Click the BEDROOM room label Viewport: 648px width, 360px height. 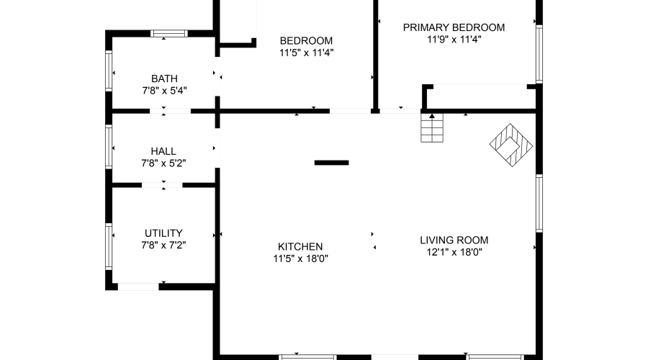tap(306, 41)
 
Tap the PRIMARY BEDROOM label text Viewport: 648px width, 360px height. tap(454, 27)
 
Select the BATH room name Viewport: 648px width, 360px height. tap(164, 78)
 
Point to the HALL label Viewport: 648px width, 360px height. tap(163, 151)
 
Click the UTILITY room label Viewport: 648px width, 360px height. tap(163, 233)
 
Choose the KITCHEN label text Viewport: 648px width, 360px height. tap(297, 246)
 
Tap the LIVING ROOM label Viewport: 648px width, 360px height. tap(454, 240)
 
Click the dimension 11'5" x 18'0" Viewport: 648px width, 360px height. tap(297, 258)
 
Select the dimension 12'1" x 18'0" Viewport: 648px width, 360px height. tap(454, 253)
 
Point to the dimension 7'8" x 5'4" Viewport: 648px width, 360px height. tap(164, 91)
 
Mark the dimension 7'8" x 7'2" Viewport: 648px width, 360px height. tap(163, 246)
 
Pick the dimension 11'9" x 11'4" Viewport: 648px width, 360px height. tap(454, 40)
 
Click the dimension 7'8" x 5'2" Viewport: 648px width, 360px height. tap(163, 163)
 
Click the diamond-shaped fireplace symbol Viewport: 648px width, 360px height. tap(512, 144)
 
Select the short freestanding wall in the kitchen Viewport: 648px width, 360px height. tap(331, 163)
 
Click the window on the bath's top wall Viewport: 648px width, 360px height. tap(169, 33)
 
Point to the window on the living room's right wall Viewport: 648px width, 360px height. tap(538, 203)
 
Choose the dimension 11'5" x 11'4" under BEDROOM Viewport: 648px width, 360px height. tap(306, 53)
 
